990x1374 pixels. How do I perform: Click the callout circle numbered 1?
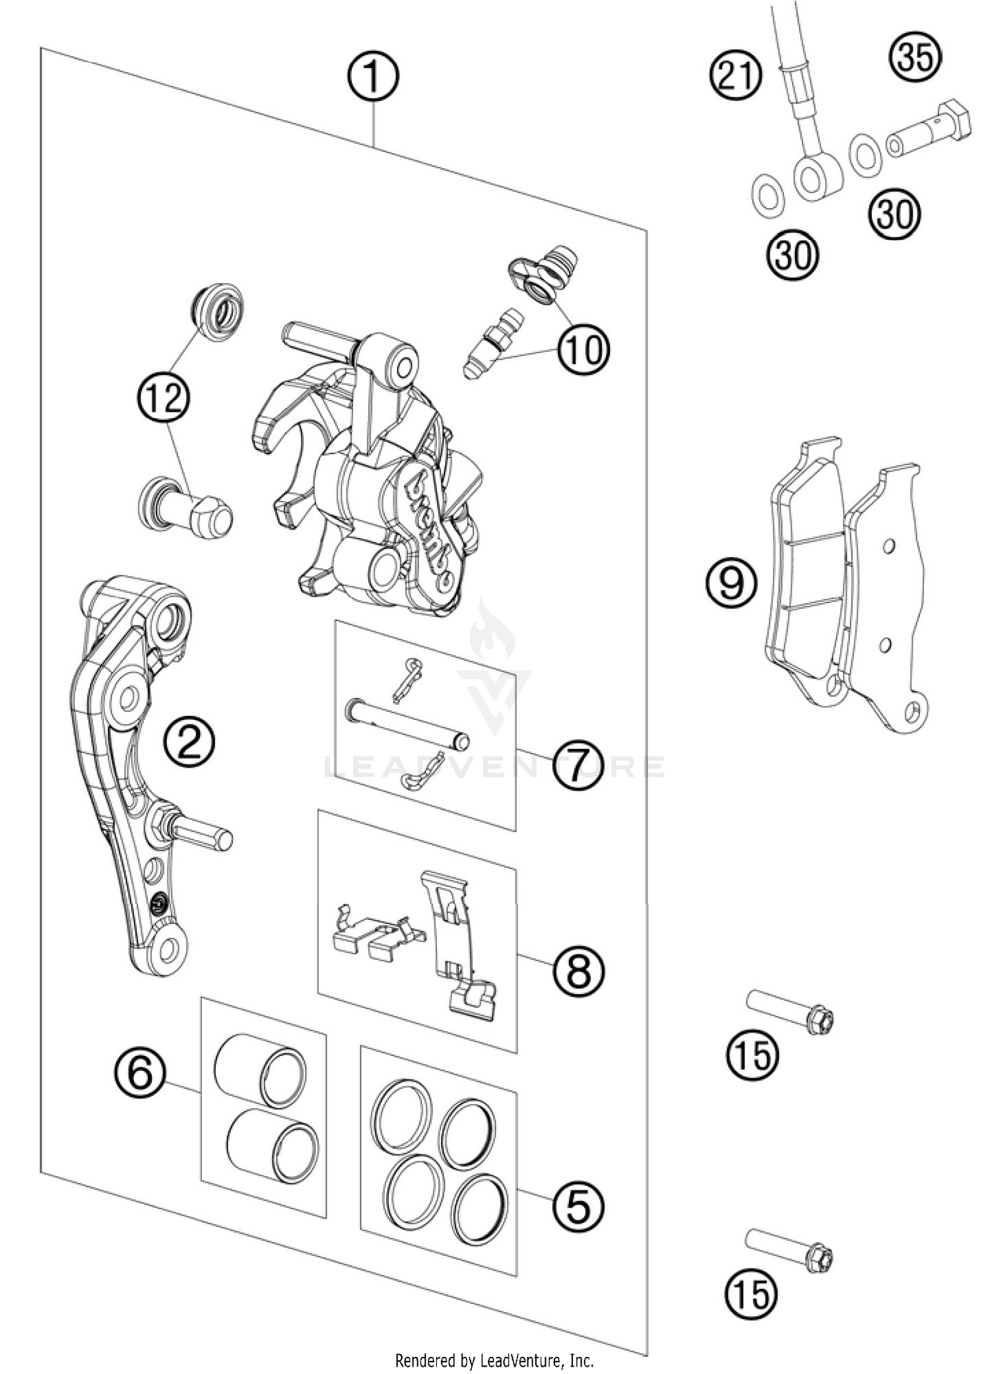pyautogui.click(x=374, y=79)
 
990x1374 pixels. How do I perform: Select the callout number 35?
pyautogui.click(x=918, y=57)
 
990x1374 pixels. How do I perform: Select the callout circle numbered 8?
pyautogui.click(x=579, y=970)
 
